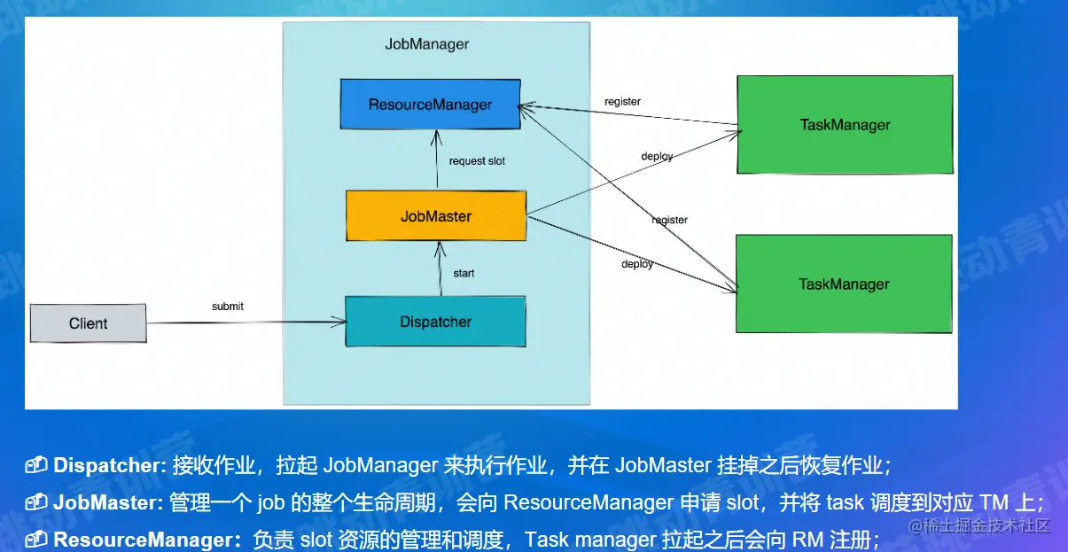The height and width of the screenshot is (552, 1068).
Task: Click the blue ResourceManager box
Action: pos(430,105)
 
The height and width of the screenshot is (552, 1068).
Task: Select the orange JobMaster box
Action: pos(436,216)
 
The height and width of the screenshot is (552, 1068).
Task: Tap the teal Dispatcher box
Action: pos(435,322)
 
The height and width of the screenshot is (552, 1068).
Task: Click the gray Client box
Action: pos(88,323)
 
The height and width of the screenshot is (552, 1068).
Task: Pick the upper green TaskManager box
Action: pos(844,125)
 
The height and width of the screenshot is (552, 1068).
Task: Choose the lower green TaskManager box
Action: pos(844,284)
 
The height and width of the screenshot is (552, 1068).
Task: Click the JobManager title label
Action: pos(426,44)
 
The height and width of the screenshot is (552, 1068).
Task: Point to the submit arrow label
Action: pos(227,307)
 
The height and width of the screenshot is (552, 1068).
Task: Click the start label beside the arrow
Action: pos(464,273)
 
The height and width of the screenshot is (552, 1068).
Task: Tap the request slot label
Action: pos(477,161)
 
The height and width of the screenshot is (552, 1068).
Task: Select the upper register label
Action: pos(622,101)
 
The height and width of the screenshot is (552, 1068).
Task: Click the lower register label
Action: pos(669,220)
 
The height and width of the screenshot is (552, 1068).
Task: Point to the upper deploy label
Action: pos(657,156)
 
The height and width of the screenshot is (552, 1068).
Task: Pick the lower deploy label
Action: pos(637,264)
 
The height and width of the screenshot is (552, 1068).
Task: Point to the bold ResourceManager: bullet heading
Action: pos(147,539)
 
